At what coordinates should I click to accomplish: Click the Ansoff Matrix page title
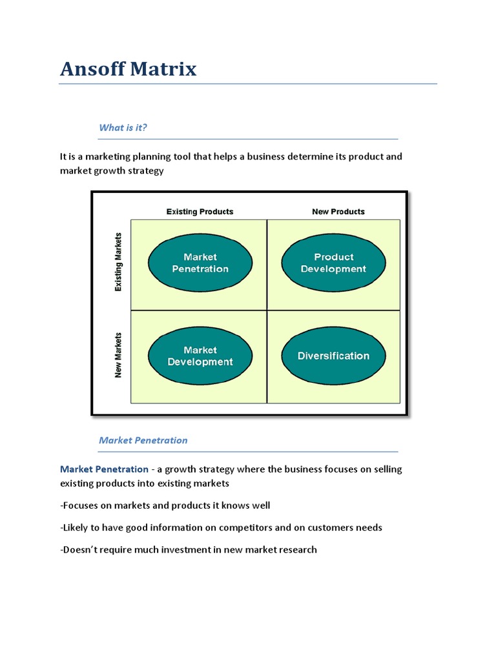point(128,68)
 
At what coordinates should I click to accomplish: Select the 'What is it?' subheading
point(123,128)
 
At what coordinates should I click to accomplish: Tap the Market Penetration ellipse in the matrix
point(200,263)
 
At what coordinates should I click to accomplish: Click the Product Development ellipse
point(334,263)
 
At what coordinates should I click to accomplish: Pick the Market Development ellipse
point(200,356)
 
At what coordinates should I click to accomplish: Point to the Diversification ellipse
point(334,356)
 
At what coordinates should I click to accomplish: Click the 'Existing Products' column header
point(200,212)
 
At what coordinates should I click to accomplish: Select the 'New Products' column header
point(338,212)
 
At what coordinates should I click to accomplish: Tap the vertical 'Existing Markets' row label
point(118,262)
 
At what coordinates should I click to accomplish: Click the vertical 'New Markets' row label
point(118,356)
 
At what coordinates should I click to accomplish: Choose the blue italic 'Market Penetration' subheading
point(143,440)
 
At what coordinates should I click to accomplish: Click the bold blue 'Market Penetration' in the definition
point(104,469)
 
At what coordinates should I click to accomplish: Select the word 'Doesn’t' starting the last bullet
point(79,550)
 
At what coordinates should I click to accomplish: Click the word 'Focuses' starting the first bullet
point(81,505)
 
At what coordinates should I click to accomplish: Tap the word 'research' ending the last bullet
point(296,550)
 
